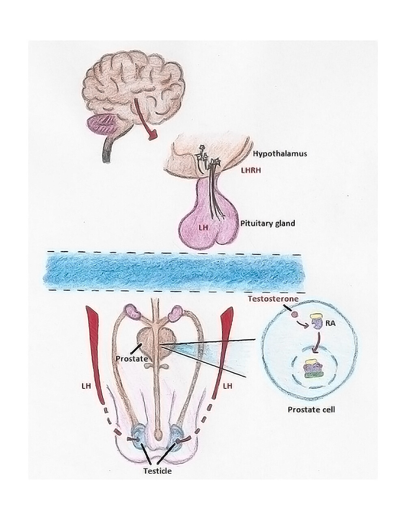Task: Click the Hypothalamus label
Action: pyautogui.click(x=279, y=154)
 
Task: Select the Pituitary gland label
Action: pyautogui.click(x=267, y=223)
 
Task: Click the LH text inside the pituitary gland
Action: pyautogui.click(x=203, y=227)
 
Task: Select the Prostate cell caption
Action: pyautogui.click(x=311, y=409)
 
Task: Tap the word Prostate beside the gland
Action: pyautogui.click(x=131, y=359)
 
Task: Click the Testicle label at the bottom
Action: pyautogui.click(x=157, y=471)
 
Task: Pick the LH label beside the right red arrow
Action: pyautogui.click(x=228, y=386)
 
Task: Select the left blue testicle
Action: pyautogui.click(x=140, y=435)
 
